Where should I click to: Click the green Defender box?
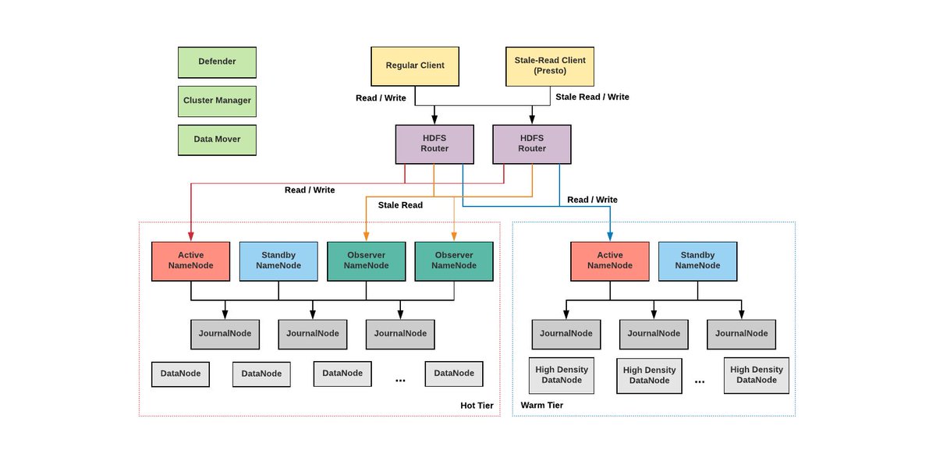point(217,62)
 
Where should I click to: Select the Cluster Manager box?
point(217,101)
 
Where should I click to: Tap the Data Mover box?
point(217,140)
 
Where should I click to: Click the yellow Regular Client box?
point(415,66)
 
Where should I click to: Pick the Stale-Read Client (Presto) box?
point(550,66)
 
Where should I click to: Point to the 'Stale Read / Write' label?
point(591,97)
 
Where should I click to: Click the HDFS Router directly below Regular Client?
point(434,144)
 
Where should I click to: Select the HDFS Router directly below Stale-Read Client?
point(531,144)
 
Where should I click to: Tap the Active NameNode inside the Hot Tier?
point(191,261)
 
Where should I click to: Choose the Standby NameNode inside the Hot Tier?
point(278,261)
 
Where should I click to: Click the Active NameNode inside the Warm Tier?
point(610,261)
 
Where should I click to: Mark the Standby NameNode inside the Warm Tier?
point(697,261)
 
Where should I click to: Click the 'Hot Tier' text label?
point(477,406)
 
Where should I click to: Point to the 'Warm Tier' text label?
point(541,406)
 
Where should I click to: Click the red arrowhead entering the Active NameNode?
point(191,236)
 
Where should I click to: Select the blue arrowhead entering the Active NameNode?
point(610,236)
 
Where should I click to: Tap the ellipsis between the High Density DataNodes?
point(699,381)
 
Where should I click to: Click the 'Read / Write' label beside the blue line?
point(592,200)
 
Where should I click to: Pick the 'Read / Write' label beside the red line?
point(310,190)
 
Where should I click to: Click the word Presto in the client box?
point(550,71)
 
